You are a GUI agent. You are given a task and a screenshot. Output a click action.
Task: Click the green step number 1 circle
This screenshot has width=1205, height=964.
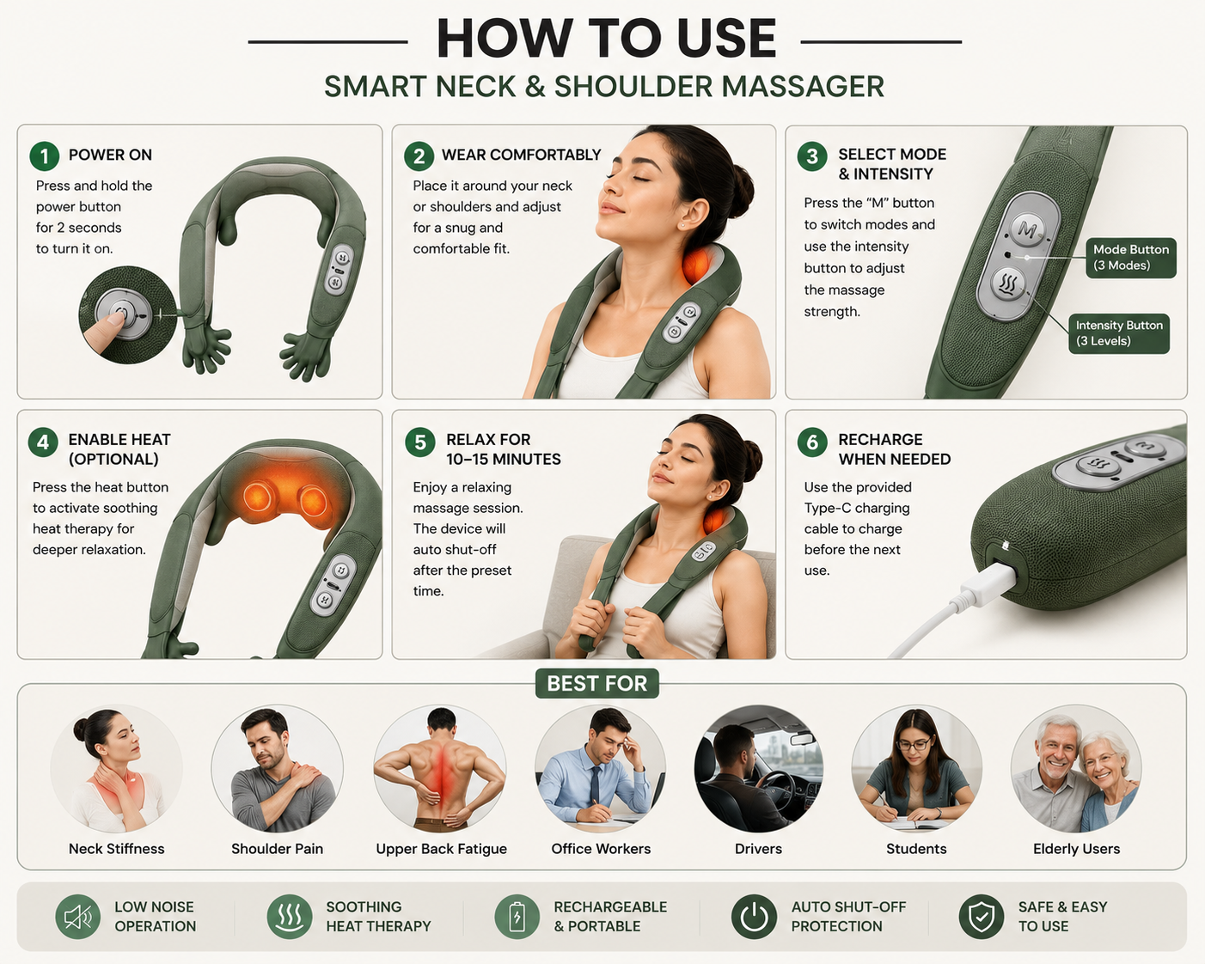pyautogui.click(x=44, y=156)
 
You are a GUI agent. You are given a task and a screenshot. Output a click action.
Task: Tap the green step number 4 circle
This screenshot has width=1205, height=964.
pyautogui.click(x=43, y=442)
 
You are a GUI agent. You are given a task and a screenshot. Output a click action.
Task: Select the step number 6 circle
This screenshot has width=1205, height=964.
pyautogui.click(x=812, y=442)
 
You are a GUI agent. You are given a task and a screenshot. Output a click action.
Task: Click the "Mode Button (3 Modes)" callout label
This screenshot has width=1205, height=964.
pyautogui.click(x=1130, y=258)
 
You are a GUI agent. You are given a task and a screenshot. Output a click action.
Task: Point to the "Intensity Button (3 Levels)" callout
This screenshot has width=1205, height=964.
pyautogui.click(x=1119, y=333)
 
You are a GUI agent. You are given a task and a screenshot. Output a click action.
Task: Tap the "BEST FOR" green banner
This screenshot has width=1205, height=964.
pyautogui.click(x=596, y=683)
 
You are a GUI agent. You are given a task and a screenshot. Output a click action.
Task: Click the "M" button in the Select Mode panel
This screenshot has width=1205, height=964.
pyautogui.click(x=1028, y=229)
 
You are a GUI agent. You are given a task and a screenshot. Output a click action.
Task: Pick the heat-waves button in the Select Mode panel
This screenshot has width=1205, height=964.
pyautogui.click(x=1007, y=284)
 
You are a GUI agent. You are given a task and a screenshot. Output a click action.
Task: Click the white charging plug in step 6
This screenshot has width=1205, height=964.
pyautogui.click(x=988, y=584)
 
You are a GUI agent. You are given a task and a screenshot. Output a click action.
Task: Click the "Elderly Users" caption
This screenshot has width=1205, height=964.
pyautogui.click(x=1076, y=849)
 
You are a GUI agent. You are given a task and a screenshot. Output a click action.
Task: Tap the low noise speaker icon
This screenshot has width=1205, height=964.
pyautogui.click(x=78, y=917)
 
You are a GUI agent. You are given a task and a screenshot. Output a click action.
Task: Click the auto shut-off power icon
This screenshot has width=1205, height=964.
pyautogui.click(x=754, y=917)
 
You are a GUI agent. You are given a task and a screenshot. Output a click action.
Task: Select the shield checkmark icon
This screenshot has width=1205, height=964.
pyautogui.click(x=981, y=917)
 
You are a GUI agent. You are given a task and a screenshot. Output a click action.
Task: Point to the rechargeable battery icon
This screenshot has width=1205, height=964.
pyautogui.click(x=517, y=917)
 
